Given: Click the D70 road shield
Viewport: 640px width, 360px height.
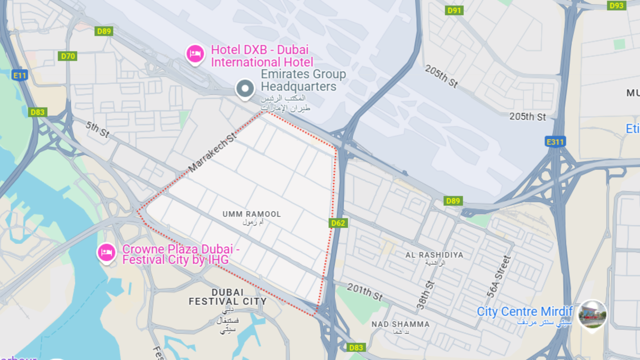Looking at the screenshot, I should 68,56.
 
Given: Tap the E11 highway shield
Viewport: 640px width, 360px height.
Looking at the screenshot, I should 19,75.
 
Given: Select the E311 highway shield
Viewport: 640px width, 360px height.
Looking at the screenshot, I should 555,142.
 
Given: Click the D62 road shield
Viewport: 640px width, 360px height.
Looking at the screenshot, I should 338,223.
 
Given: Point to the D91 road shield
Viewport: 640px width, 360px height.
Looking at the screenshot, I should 454,10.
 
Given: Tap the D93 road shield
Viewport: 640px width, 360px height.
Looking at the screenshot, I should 616,5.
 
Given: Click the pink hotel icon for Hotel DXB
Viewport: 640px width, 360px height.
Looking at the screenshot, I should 195,54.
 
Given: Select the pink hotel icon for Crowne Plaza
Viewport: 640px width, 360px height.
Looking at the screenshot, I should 106,252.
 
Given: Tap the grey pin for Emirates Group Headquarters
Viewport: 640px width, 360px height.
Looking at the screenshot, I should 245,89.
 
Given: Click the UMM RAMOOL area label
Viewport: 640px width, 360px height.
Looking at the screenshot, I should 252,214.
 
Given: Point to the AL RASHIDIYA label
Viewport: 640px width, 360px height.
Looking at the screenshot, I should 434,255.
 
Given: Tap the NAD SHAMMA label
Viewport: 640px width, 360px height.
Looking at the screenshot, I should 400,324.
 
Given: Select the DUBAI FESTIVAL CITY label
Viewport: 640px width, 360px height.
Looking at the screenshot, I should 228,297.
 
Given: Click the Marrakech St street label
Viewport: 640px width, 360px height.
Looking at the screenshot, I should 212,152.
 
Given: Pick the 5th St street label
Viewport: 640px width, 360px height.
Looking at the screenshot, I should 97,129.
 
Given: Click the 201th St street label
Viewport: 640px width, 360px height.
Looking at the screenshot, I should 365,292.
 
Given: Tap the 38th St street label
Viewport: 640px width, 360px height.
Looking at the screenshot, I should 426,295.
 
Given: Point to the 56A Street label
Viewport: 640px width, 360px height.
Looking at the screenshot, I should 499,276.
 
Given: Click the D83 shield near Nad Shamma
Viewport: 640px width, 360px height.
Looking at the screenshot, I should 356,348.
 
